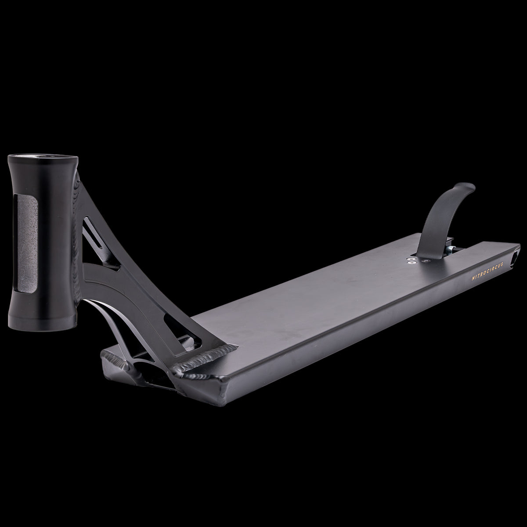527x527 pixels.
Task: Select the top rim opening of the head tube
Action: [x=43, y=158]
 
